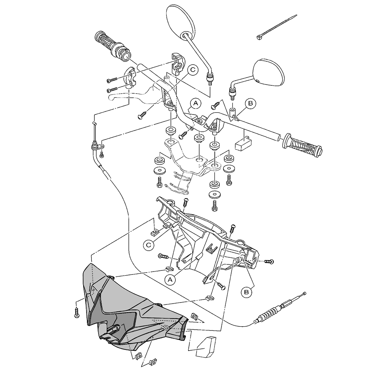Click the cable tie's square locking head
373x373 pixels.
click(260, 37)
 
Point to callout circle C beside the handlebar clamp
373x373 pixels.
click(193, 70)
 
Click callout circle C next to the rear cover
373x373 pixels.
click(149, 245)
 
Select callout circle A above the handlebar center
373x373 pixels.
click(195, 103)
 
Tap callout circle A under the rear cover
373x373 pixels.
click(170, 280)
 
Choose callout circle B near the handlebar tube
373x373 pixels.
click(250, 103)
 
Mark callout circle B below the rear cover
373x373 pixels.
click(247, 292)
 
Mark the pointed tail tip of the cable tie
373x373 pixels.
click(297, 15)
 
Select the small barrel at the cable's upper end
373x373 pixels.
click(94, 123)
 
